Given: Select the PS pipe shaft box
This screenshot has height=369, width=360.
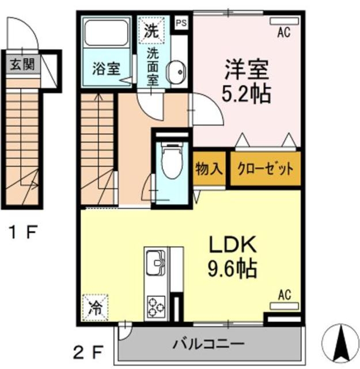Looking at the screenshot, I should (x=181, y=24).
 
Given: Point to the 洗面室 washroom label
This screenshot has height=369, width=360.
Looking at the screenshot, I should (x=153, y=66).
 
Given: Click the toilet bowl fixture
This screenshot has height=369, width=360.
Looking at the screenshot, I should (x=171, y=161).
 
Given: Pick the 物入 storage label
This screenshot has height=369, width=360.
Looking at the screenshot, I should (x=209, y=170).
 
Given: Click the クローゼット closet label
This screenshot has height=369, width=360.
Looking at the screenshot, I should (x=266, y=170).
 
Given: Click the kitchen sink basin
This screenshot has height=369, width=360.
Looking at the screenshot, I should (x=156, y=263).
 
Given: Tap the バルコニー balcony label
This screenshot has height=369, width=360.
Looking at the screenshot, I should (x=208, y=344).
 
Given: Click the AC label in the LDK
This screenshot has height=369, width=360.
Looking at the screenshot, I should (x=285, y=295).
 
